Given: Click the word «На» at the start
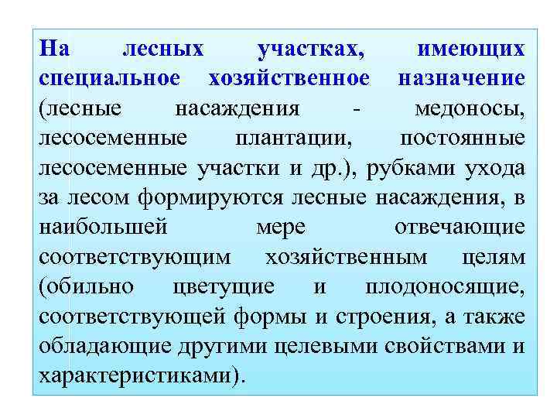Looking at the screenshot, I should pos(54,49).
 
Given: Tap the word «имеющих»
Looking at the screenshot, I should pos(472,49).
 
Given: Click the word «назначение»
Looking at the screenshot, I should pos(462,78).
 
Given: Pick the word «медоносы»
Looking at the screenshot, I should pos(470,108).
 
